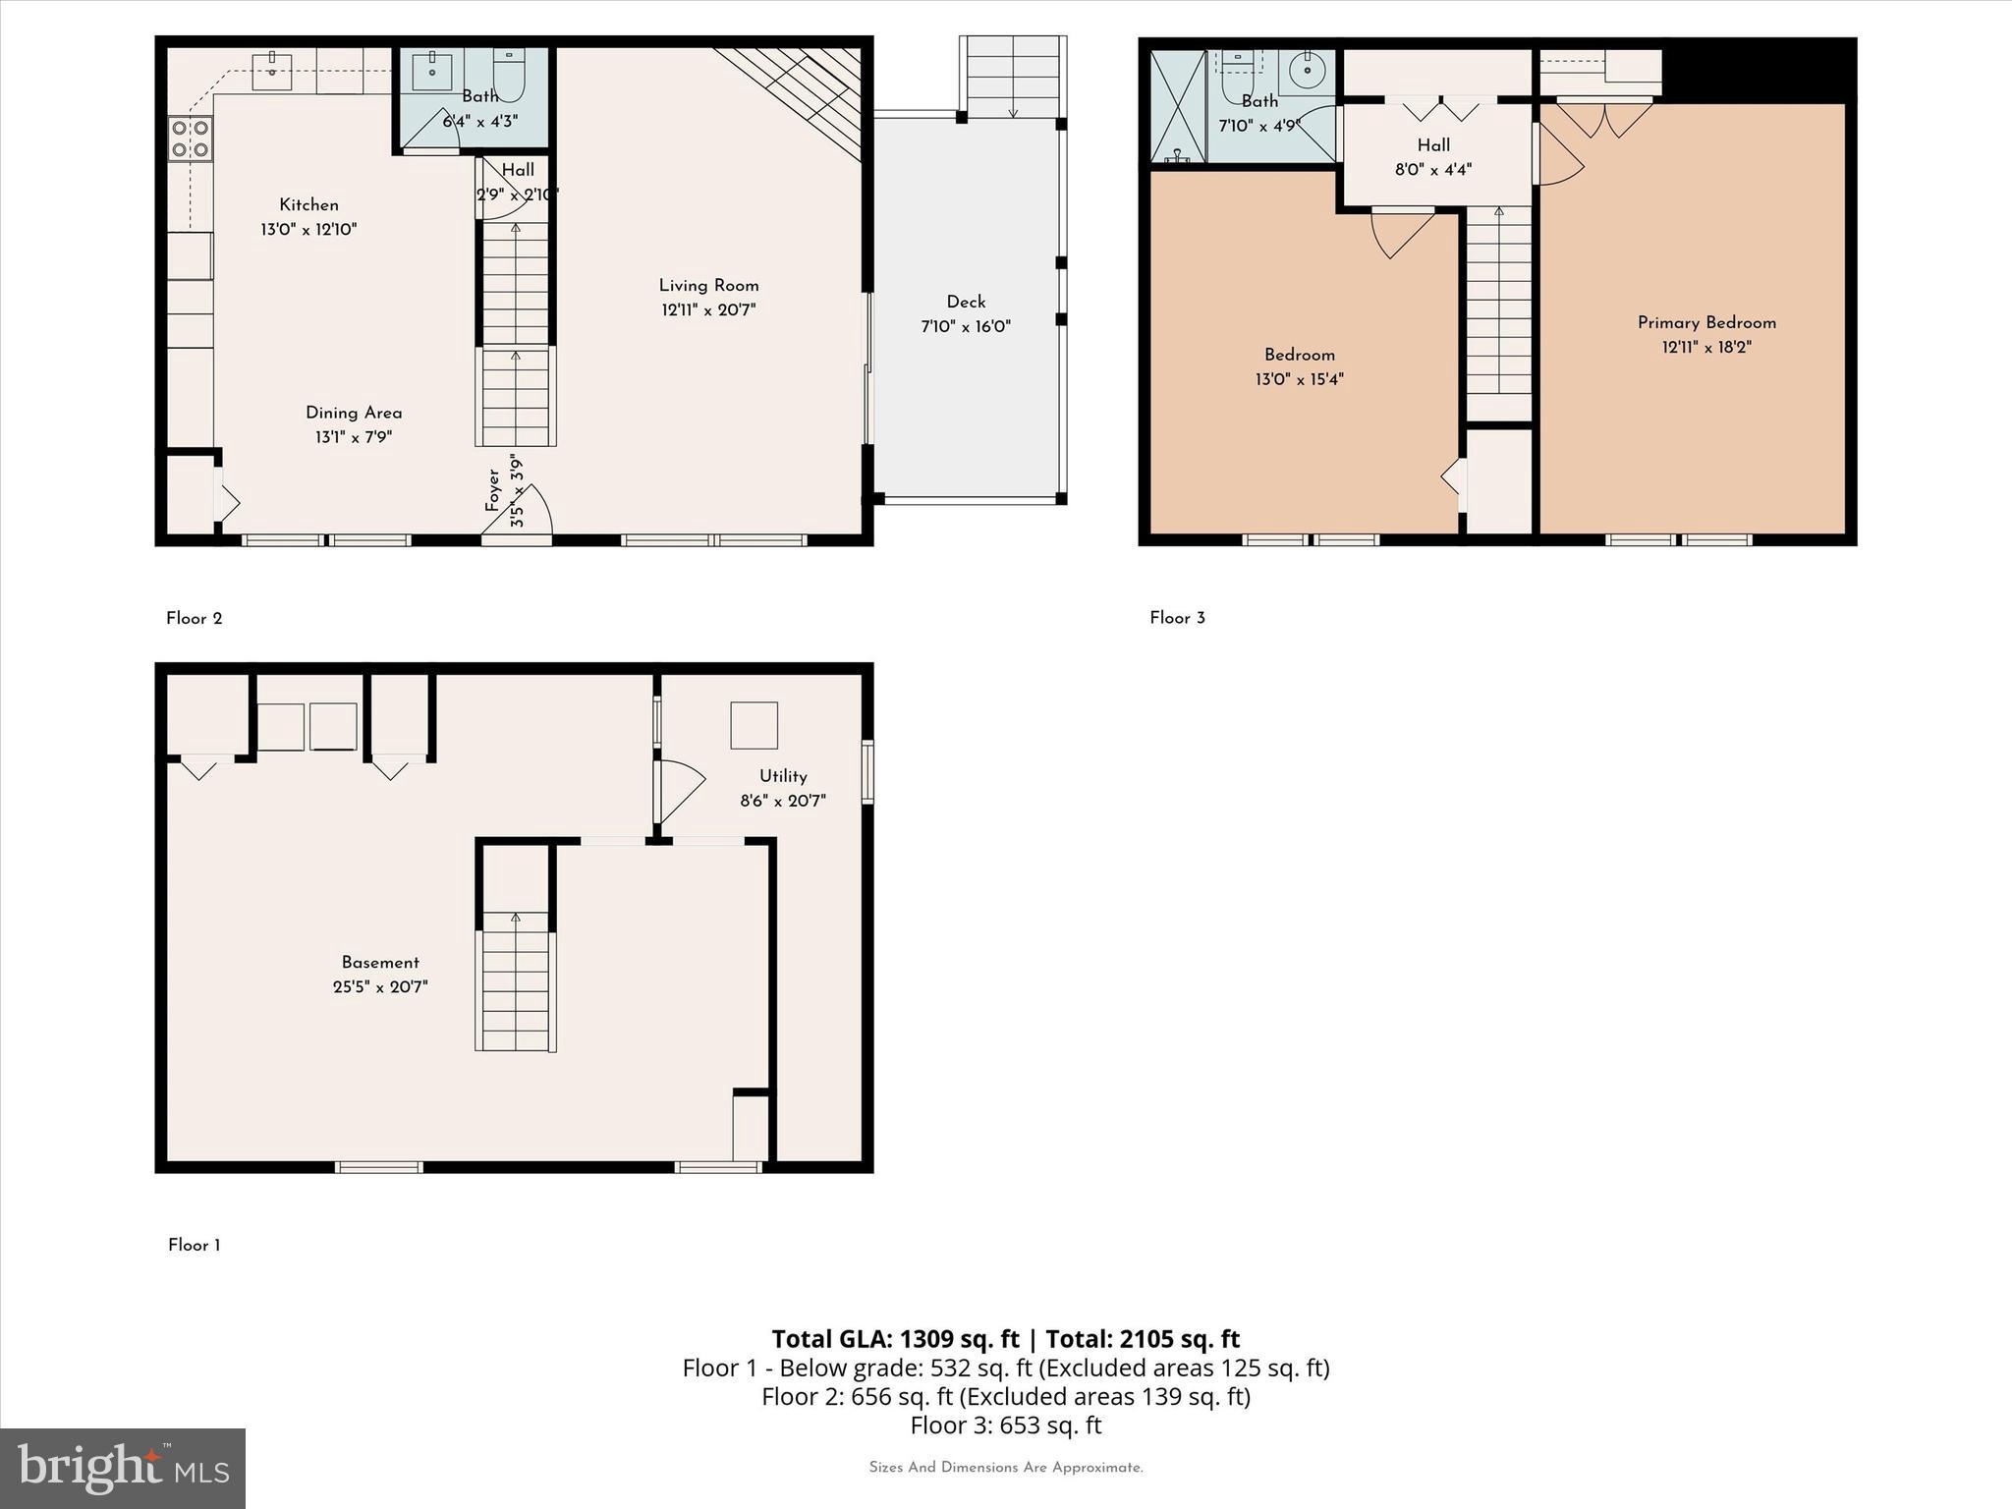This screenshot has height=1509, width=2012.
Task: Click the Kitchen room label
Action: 308,204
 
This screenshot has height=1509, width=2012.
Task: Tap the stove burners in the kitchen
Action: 190,139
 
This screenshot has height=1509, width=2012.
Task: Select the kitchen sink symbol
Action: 272,72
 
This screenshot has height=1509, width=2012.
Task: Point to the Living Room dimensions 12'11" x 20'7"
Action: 708,310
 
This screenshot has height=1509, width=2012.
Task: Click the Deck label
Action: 966,302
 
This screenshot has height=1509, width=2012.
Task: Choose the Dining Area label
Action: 354,413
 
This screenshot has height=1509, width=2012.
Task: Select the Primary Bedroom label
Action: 1706,322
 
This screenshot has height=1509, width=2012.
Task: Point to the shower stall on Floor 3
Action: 1177,106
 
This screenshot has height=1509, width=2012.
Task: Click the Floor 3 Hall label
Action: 1433,145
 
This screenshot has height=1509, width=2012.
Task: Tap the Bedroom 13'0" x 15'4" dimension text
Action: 1299,379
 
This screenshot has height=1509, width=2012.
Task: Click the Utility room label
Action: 783,776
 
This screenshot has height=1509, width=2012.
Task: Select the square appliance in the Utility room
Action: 754,726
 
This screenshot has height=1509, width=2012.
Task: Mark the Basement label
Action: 380,963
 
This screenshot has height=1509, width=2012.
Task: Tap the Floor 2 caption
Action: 195,618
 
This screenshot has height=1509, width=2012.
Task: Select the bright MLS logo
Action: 123,1469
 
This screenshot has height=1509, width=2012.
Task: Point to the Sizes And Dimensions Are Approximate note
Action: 1006,1468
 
